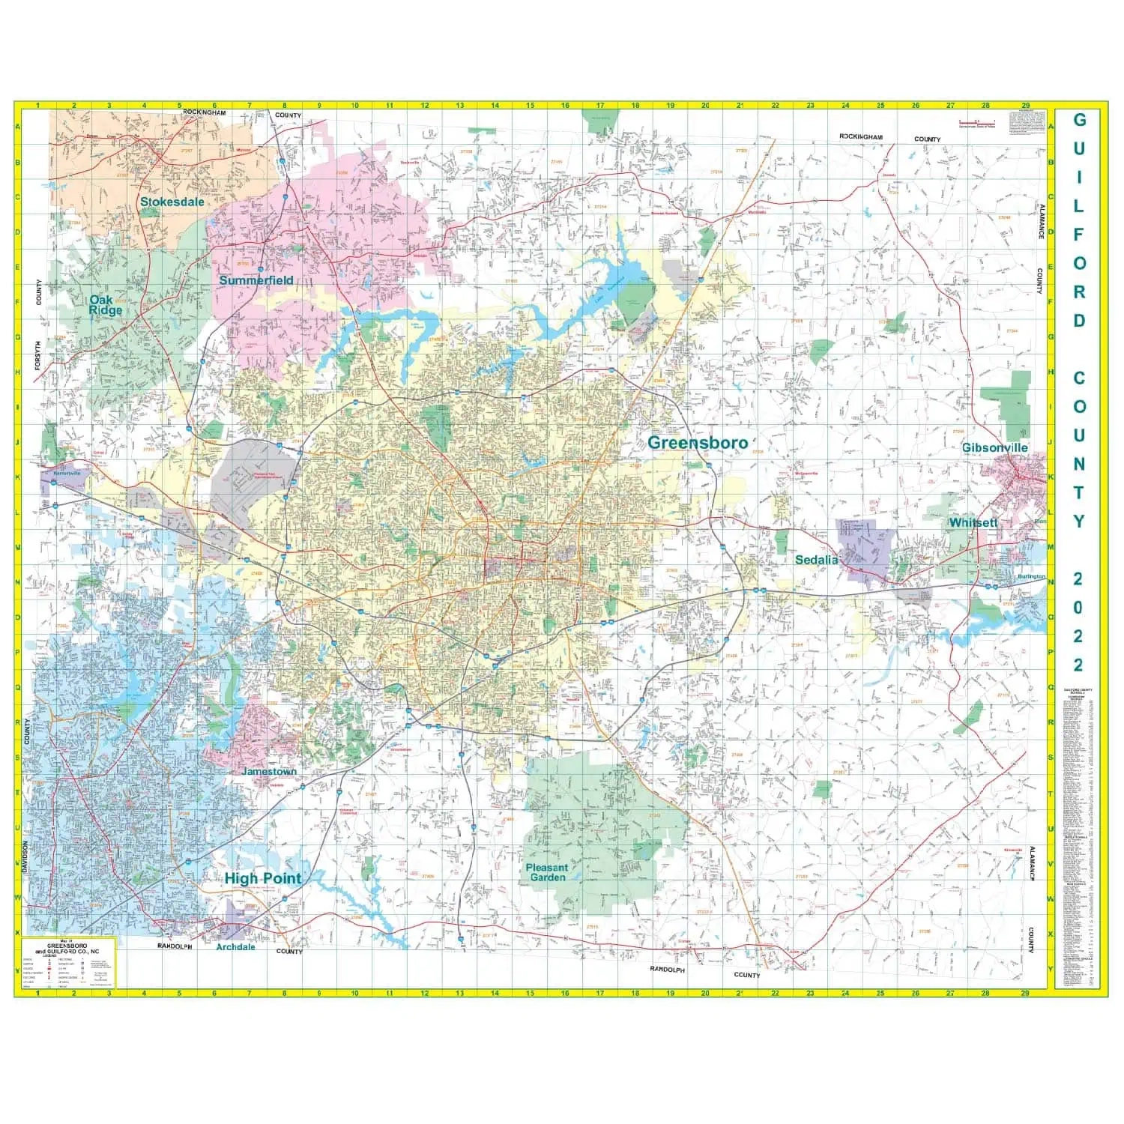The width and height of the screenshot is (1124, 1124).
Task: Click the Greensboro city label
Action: click(697, 443)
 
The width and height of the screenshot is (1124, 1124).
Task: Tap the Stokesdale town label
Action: click(172, 202)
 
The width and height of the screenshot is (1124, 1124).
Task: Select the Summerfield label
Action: click(256, 280)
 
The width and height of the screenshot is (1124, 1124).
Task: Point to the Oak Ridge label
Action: click(106, 305)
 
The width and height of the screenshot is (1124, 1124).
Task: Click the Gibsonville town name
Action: click(994, 447)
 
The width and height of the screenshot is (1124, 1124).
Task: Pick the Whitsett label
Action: click(973, 523)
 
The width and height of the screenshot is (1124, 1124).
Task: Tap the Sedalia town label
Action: click(816, 560)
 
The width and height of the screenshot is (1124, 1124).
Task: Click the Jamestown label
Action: click(269, 771)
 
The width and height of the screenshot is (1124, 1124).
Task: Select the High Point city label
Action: click(263, 878)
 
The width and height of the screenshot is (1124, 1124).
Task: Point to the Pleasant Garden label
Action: click(546, 872)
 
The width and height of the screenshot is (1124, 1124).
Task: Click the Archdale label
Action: click(235, 946)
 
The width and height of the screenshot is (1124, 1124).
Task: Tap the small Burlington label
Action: click(1031, 578)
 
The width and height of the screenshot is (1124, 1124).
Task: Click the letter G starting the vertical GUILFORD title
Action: click(1079, 120)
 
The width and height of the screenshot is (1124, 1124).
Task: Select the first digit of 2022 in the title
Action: click(1078, 578)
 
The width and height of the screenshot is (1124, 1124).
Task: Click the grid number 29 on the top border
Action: click(1025, 106)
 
